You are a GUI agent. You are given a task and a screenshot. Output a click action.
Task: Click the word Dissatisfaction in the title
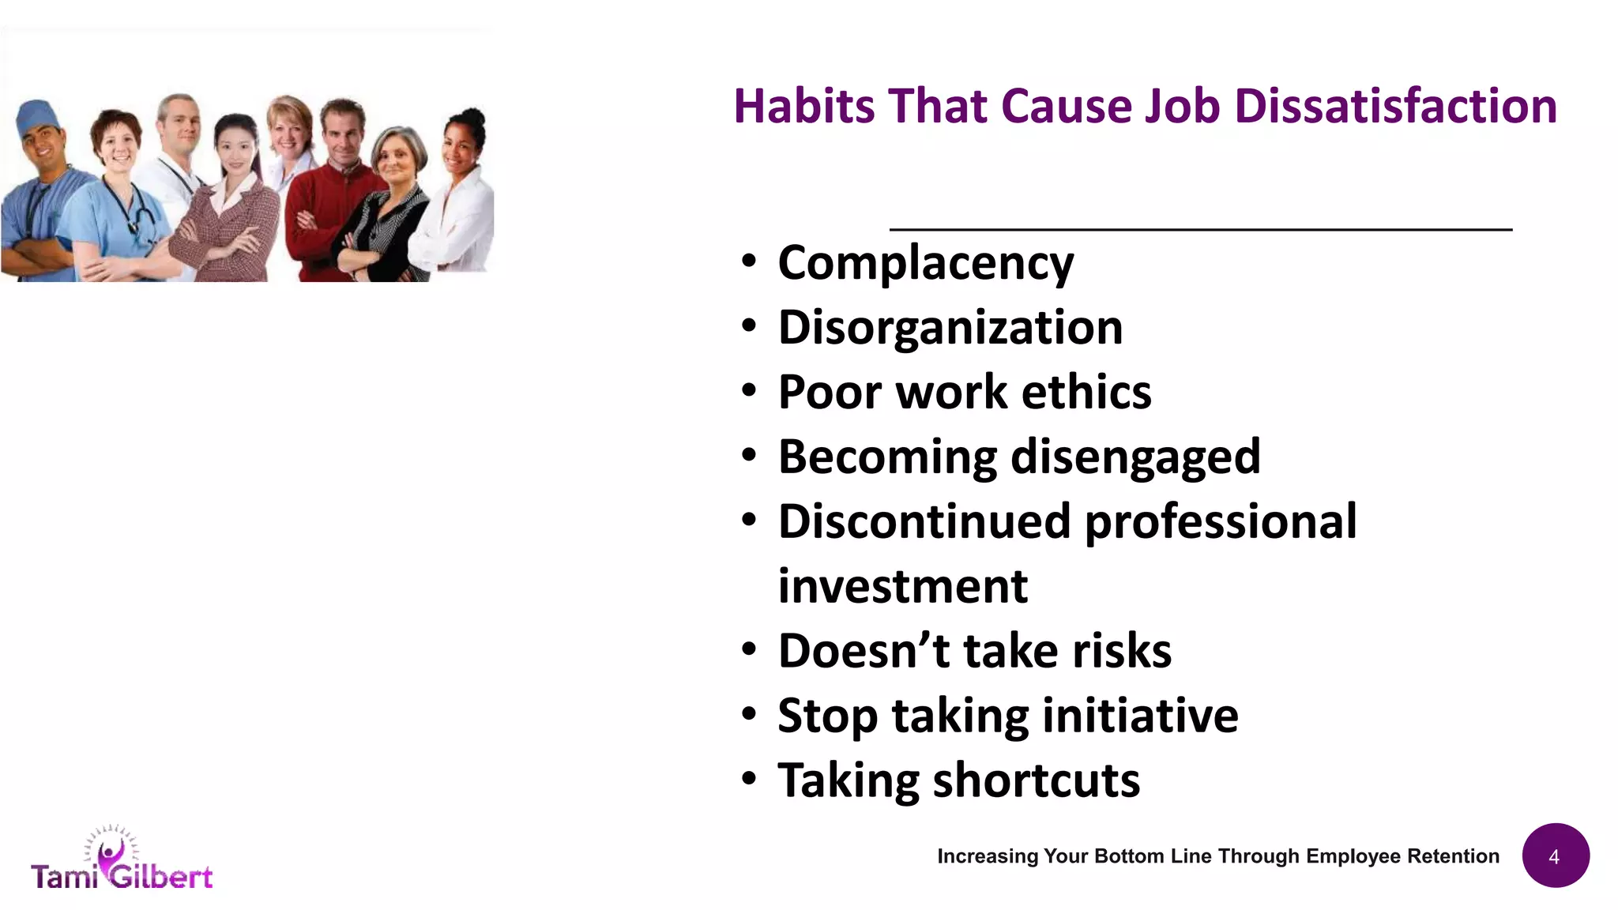tap(1395, 107)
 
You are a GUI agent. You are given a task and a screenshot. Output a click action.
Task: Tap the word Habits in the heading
tap(803, 107)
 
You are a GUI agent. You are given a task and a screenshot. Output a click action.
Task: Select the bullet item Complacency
tap(925, 263)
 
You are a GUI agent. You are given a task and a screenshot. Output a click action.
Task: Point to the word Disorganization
tap(950, 328)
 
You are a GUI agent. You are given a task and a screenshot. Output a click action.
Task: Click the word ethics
tap(1086, 393)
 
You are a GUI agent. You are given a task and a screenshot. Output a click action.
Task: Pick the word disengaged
tap(1135, 458)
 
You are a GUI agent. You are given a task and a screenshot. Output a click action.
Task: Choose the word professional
tap(1221, 523)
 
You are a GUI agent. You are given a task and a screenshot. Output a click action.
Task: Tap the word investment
tap(902, 587)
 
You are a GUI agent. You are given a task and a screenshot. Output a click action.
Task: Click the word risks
tap(1121, 652)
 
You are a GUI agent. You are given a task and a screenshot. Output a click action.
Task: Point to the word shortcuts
tap(1037, 781)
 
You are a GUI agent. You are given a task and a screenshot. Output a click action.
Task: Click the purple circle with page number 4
tap(1555, 856)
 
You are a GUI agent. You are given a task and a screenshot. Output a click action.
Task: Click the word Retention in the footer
tap(1453, 856)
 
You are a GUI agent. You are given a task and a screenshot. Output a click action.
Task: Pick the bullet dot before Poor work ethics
tap(749, 390)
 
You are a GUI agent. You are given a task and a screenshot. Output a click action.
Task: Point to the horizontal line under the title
tap(1201, 229)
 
